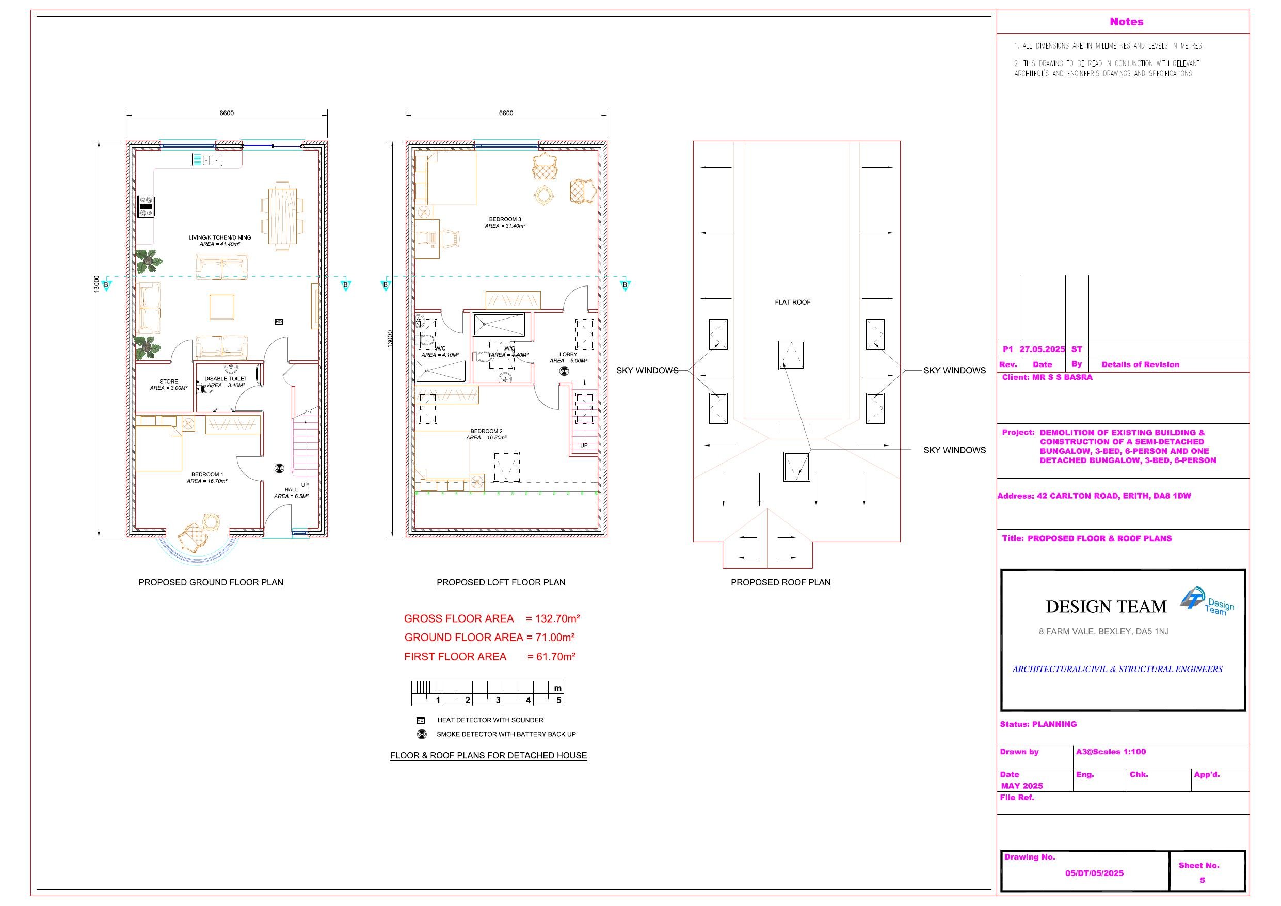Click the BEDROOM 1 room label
click(x=207, y=474)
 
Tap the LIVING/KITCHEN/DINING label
click(x=220, y=237)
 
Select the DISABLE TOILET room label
click(x=226, y=378)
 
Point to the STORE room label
click(x=168, y=382)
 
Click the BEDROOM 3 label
click(x=505, y=219)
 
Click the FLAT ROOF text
click(x=792, y=302)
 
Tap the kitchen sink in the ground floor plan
click(x=207, y=160)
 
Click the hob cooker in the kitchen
click(x=147, y=206)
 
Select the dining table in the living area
click(x=282, y=216)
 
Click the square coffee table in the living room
click(x=221, y=307)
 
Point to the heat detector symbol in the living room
click(x=279, y=322)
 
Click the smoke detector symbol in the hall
click(x=280, y=468)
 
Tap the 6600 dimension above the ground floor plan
click(x=227, y=113)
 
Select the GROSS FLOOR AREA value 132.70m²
click(x=557, y=618)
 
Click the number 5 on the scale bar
click(x=558, y=700)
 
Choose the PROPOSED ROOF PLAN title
click(x=780, y=582)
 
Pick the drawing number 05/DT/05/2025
click(x=1094, y=873)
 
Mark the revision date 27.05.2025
click(x=1042, y=349)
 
